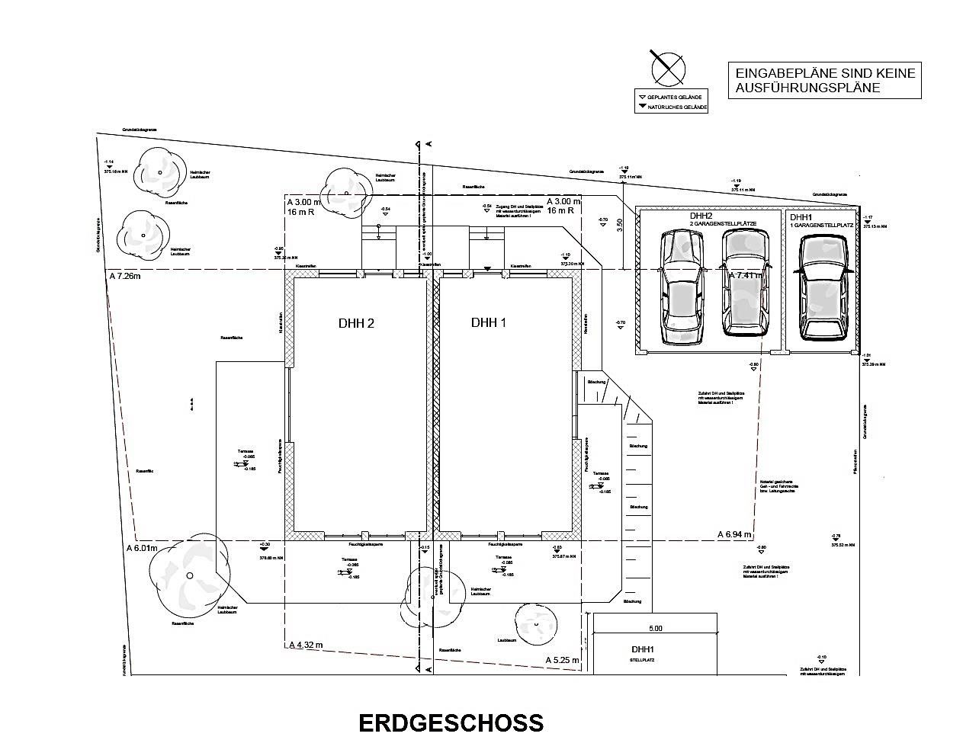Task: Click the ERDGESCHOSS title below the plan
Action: click(451, 722)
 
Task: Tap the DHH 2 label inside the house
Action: click(356, 323)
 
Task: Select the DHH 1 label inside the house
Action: click(489, 322)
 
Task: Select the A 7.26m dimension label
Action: click(125, 276)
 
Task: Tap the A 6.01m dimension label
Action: click(141, 548)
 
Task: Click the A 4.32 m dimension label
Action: click(306, 645)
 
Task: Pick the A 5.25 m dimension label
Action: click(562, 660)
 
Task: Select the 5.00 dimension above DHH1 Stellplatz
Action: click(656, 629)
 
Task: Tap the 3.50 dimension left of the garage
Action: click(621, 226)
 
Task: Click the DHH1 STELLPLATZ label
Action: click(643, 654)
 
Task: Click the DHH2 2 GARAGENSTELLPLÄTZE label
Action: click(722, 219)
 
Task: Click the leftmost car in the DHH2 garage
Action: click(681, 288)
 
